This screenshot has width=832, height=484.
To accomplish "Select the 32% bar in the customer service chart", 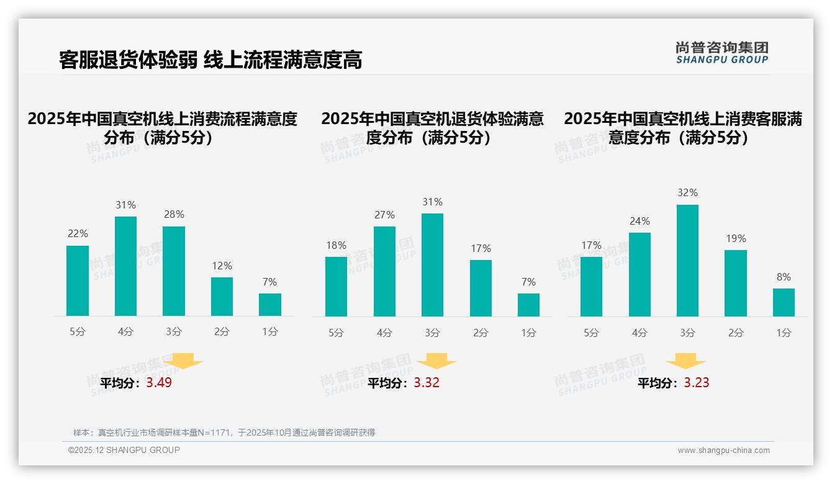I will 687,260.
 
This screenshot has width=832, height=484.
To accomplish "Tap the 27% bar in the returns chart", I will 384,271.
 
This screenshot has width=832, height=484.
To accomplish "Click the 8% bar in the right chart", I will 784,302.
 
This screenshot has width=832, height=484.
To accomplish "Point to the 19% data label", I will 736,239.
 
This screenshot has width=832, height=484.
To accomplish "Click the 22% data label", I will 78,234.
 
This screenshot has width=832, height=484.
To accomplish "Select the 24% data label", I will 640,222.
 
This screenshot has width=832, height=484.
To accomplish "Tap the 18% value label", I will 336,246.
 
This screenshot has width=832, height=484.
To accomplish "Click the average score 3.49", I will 159,383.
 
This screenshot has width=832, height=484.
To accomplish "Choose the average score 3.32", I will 427,383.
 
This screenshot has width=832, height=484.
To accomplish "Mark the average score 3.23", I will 697,383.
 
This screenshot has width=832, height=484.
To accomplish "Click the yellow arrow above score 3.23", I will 685,361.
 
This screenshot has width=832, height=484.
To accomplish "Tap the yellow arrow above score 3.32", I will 436,361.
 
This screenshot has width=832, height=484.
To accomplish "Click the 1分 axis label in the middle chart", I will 528,333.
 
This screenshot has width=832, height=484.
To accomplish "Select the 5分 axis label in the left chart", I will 78,332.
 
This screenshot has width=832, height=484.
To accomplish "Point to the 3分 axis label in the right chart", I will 687,333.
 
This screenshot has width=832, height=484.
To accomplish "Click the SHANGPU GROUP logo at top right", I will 721,53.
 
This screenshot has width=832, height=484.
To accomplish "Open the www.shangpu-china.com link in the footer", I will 723,450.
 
